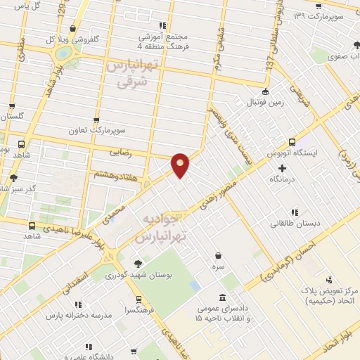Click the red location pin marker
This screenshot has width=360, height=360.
click(x=181, y=164)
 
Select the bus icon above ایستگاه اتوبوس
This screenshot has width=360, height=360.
click(x=292, y=141)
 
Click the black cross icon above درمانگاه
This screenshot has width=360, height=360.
click(x=283, y=168)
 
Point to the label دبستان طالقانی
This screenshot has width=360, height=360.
click(x=295, y=224)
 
